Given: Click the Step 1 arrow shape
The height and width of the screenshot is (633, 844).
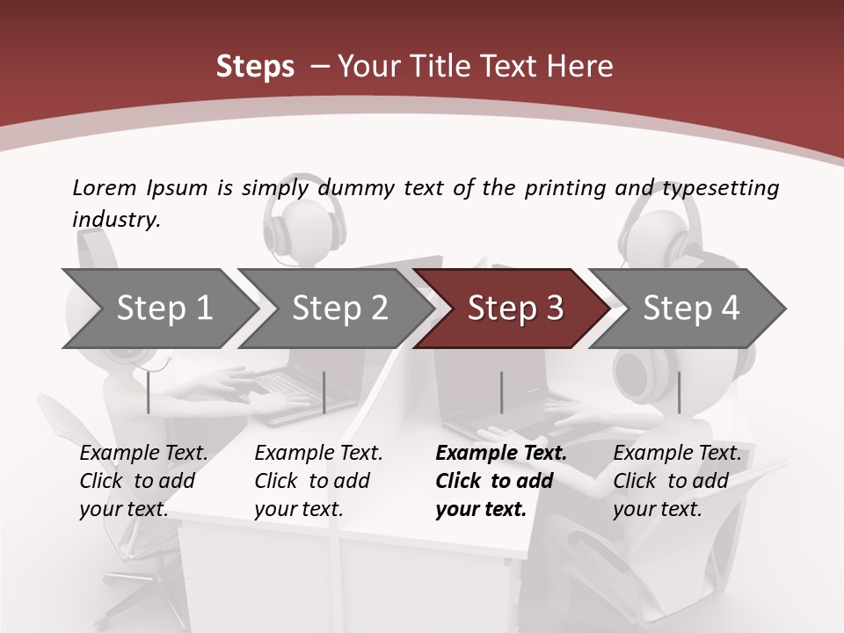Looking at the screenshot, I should click(x=164, y=308).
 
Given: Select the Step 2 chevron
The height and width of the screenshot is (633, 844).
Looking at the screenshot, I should click(x=339, y=308).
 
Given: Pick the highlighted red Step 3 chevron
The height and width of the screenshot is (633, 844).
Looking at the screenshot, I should click(x=514, y=308).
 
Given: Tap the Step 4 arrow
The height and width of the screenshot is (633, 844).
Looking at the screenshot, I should click(x=691, y=308).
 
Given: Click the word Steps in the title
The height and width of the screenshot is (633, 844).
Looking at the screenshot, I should click(x=255, y=66).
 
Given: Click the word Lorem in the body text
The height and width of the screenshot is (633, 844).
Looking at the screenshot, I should click(x=104, y=187).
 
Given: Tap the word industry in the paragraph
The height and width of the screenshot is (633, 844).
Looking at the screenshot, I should click(x=115, y=219).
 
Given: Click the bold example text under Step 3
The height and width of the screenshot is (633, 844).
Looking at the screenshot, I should click(x=500, y=481).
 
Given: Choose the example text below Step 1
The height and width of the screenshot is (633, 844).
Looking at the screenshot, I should click(x=142, y=481).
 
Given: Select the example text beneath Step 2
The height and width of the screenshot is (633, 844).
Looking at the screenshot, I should click(x=317, y=481).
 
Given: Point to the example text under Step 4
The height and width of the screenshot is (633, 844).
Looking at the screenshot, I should click(x=676, y=481).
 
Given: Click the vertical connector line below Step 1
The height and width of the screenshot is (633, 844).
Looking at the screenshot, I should click(x=149, y=392).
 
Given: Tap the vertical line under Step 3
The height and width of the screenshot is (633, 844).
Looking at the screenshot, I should click(x=501, y=392).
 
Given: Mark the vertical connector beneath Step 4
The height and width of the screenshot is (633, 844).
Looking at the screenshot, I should click(x=679, y=392).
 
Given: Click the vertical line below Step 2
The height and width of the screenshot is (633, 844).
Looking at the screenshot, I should click(x=324, y=392).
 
